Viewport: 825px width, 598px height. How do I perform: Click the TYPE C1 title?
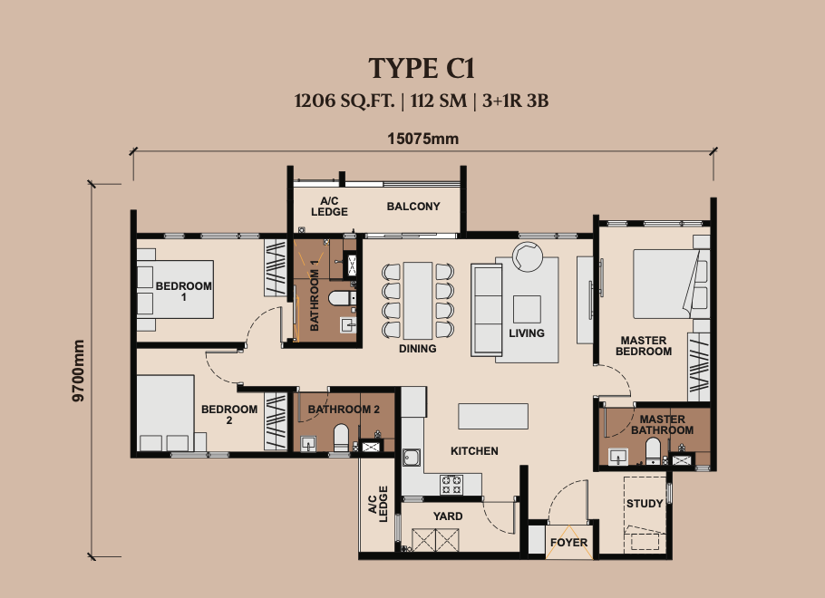coord(422,68)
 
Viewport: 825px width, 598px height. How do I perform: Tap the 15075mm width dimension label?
coord(423,139)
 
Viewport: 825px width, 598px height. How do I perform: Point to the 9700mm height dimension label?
coord(78,371)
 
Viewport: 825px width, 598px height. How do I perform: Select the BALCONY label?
coord(413,207)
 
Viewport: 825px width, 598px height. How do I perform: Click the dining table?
coord(418,300)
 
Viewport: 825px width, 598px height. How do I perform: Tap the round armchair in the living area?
coord(528,256)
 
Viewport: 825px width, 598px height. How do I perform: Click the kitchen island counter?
coord(493,416)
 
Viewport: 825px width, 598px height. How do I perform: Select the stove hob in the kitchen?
coord(451,485)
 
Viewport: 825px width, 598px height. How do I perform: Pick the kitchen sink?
coord(412,458)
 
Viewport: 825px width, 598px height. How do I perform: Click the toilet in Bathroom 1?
coord(339,298)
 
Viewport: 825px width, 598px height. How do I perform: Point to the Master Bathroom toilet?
coord(653,451)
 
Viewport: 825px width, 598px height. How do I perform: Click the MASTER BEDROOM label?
coord(644,346)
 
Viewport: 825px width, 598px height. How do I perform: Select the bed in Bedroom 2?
coord(166,412)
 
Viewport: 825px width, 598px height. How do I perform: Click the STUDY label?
coord(645,504)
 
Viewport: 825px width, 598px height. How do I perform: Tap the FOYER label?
coord(568,542)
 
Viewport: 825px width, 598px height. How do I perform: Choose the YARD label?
coord(448,516)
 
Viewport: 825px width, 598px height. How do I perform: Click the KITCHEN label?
coord(474,450)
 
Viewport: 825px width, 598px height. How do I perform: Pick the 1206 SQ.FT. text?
coord(345,101)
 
